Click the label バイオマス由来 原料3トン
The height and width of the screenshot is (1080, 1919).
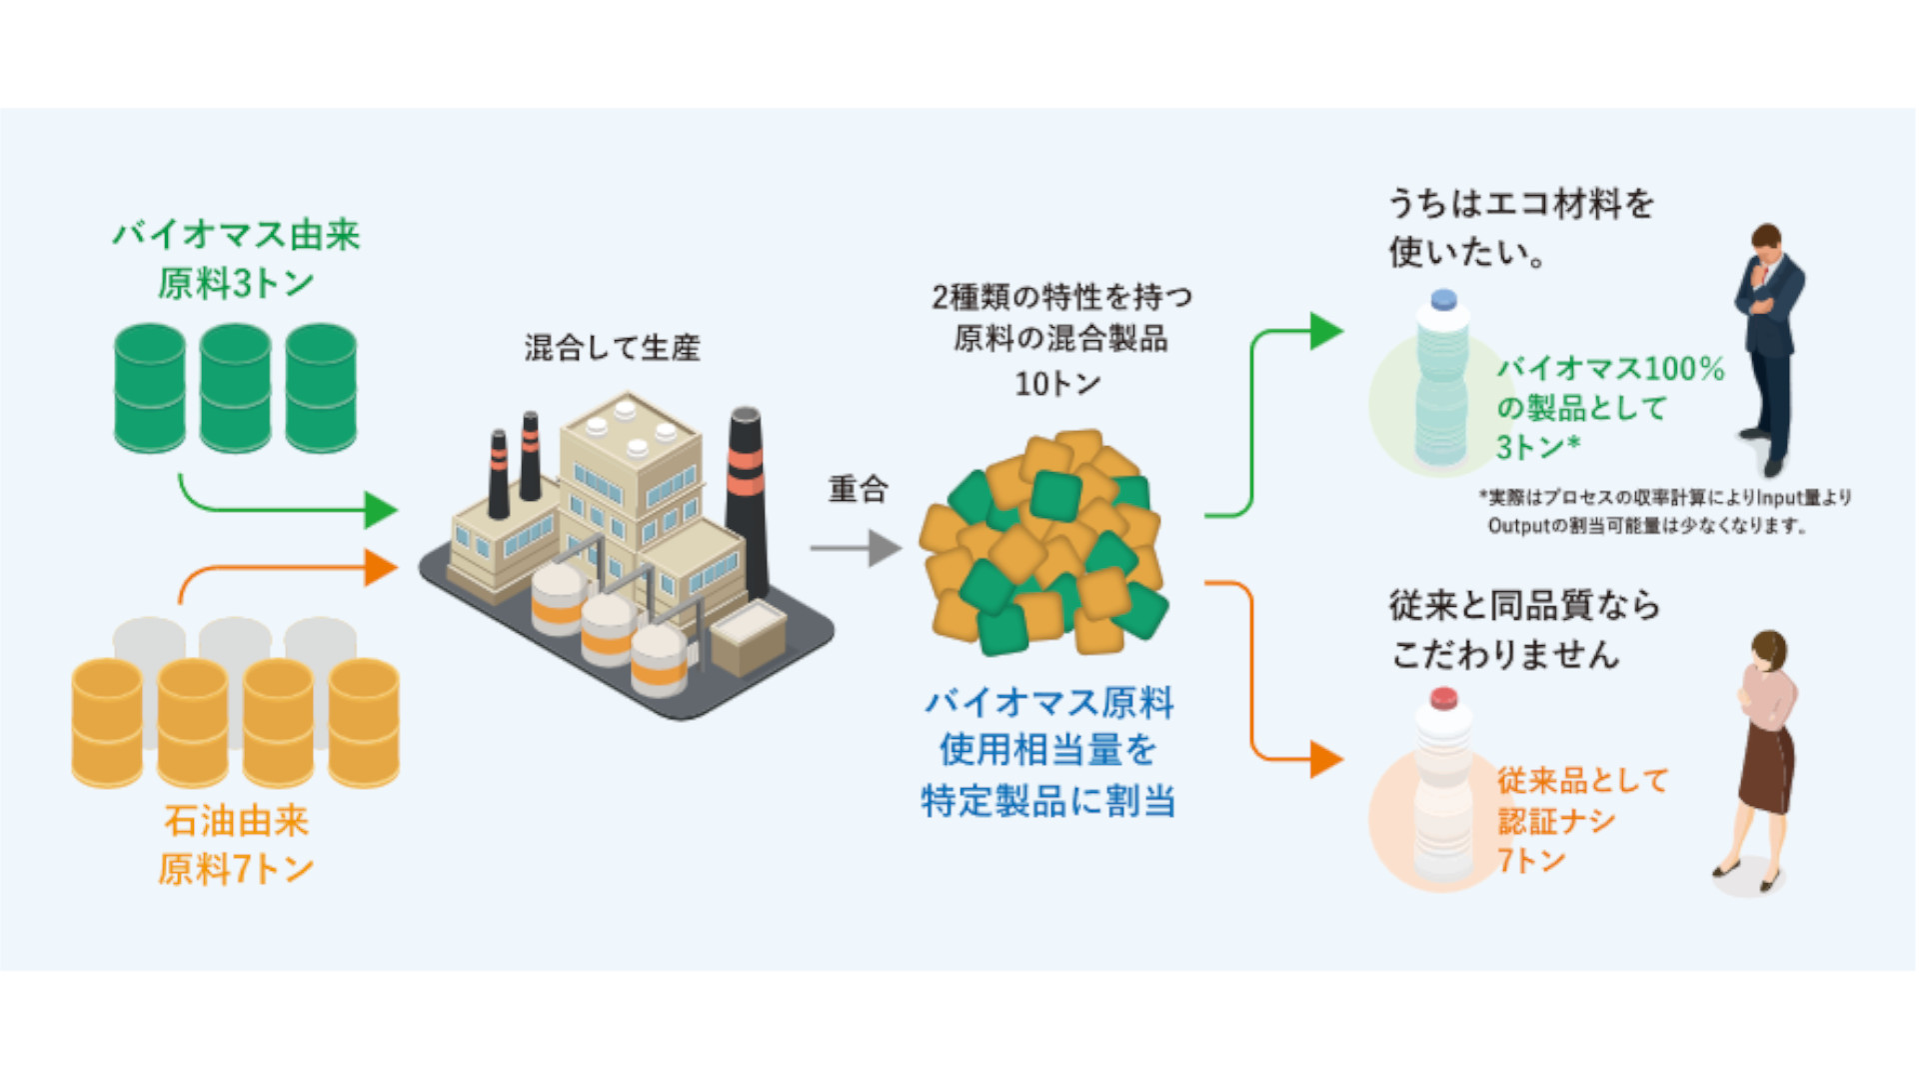pyautogui.click(x=236, y=259)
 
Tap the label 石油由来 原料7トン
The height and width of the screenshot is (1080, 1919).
pyautogui.click(x=236, y=845)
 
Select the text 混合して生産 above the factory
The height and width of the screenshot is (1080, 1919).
pyautogui.click(x=612, y=348)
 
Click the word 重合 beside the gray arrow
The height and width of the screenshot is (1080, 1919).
pyautogui.click(x=858, y=489)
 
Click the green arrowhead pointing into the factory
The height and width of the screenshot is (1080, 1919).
pyautogui.click(x=381, y=510)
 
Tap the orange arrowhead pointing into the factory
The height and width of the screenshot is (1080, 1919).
pyautogui.click(x=381, y=568)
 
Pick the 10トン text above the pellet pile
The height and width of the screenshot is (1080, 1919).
pyautogui.click(x=1057, y=384)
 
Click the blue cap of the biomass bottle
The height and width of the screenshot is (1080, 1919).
pyautogui.click(x=1443, y=299)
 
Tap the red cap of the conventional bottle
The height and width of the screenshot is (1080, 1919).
pyautogui.click(x=1443, y=698)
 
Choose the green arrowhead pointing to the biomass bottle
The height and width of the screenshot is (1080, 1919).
pyautogui.click(x=1326, y=331)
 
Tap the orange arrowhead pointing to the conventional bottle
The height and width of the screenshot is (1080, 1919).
pyautogui.click(x=1326, y=759)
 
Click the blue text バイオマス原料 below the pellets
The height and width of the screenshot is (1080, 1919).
pyautogui.click(x=1048, y=703)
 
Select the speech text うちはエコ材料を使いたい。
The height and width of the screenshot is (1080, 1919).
pyautogui.click(x=1519, y=227)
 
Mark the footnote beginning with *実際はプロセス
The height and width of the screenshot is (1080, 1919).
pyautogui.click(x=1664, y=511)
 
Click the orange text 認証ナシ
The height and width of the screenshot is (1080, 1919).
pyautogui.click(x=1556, y=821)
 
